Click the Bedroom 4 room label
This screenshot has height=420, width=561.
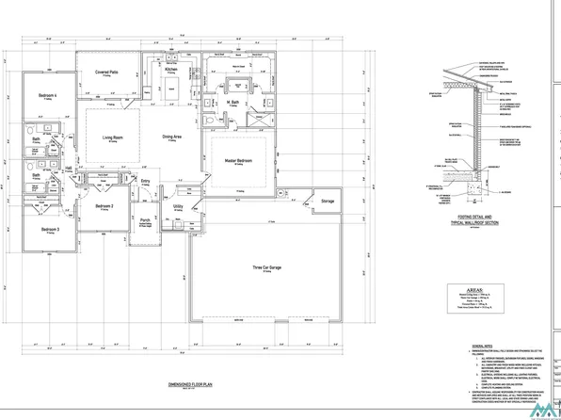[x=48, y=96]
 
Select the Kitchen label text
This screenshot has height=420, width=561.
[x=171, y=69]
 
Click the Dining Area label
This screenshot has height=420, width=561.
[x=172, y=137]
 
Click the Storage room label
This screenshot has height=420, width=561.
[x=328, y=202]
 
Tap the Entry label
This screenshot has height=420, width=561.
[x=145, y=182]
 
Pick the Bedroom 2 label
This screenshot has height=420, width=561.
[x=104, y=206]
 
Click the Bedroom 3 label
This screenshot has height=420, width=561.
[x=50, y=230]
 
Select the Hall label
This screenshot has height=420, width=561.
[x=70, y=169]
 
